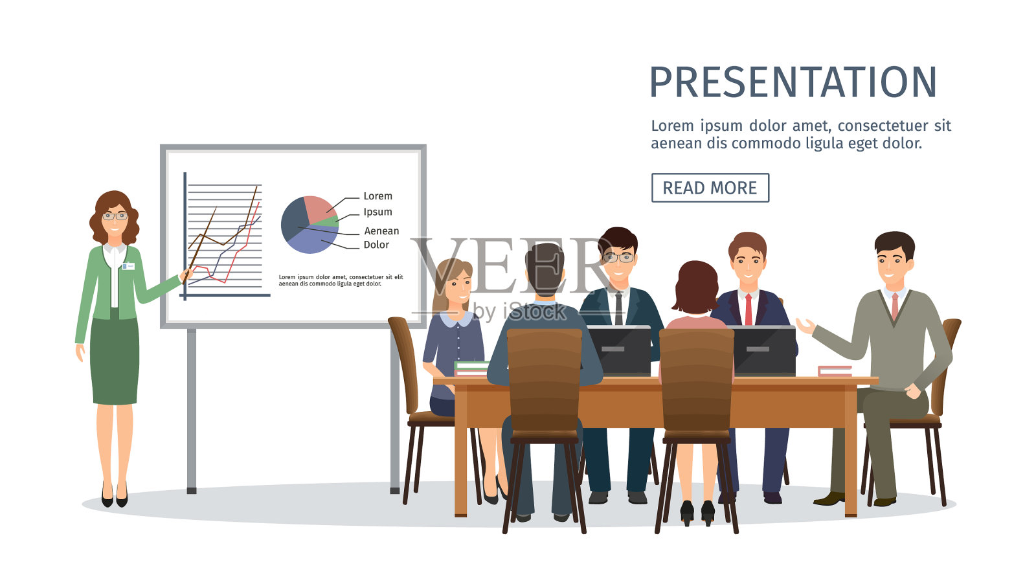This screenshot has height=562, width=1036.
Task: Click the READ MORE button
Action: point(710,188)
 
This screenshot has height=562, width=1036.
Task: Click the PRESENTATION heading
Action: point(793,82)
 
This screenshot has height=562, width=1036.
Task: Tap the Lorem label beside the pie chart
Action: point(377,196)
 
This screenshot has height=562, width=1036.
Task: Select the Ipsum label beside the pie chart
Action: point(377,212)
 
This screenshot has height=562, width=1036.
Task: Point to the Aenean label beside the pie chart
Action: point(381,230)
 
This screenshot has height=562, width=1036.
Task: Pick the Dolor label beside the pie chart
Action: point(376,245)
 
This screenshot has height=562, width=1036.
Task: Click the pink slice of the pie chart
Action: point(319,208)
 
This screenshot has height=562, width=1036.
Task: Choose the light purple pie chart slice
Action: point(315,240)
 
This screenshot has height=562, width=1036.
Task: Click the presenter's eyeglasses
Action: point(115,216)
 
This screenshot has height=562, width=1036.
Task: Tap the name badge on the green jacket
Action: point(128,266)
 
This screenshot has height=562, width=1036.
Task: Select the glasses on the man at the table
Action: point(618,258)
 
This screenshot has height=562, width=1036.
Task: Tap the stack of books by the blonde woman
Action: point(471,368)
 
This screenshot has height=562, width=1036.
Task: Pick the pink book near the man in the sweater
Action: point(835,370)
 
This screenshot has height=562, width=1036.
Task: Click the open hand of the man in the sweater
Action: point(805,326)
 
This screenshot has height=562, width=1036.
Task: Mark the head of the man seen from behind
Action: point(545,269)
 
